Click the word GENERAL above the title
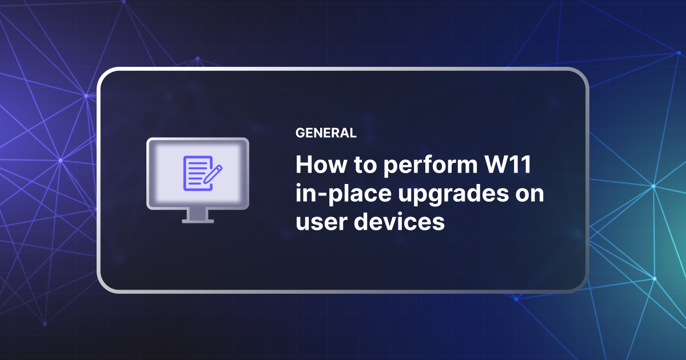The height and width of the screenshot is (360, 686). click(x=326, y=133)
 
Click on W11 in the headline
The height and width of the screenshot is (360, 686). click(x=512, y=166)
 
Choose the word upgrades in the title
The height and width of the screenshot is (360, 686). click(x=449, y=195)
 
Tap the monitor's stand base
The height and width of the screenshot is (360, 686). click(x=198, y=220)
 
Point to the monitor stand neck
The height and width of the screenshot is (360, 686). click(x=198, y=213)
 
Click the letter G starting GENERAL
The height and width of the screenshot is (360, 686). click(x=300, y=133)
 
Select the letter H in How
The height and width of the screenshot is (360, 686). click(x=304, y=166)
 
